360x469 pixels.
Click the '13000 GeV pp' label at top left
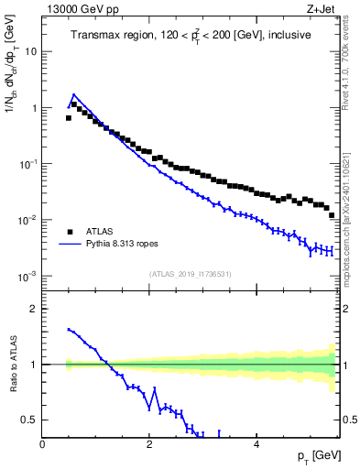tap(82, 10)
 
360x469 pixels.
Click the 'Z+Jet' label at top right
tap(324, 10)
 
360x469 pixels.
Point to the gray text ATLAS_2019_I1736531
tap(191, 274)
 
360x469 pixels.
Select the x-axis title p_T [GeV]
tap(317, 456)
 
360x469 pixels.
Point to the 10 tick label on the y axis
tap(30, 51)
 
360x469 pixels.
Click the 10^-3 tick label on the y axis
tap(27, 276)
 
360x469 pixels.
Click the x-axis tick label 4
tap(256, 443)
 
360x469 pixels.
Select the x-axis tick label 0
tap(42, 443)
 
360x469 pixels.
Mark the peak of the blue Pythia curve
tap(73, 93)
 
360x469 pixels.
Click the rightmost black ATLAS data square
tap(332, 215)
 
